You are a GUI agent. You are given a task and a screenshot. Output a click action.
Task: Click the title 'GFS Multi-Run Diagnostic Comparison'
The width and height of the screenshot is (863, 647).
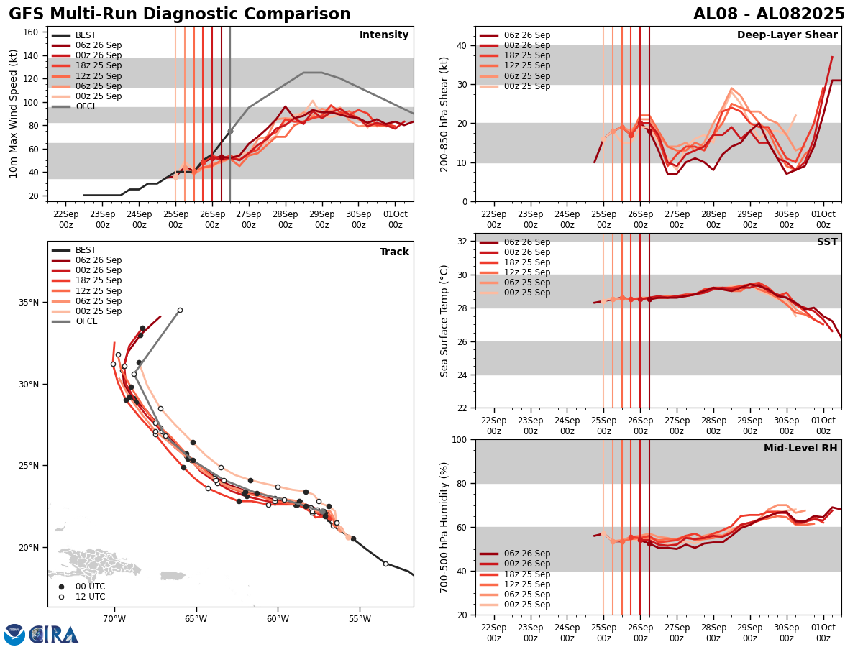pos(180,14)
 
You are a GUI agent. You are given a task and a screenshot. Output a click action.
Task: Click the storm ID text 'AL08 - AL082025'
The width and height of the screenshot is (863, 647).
pos(769,14)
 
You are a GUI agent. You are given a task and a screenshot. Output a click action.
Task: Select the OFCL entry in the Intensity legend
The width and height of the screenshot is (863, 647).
pos(86,106)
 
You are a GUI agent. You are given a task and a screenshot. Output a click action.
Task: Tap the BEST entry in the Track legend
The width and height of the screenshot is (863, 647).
pos(86,250)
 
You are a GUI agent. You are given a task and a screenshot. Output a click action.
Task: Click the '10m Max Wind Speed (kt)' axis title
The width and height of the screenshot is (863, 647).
pos(14,114)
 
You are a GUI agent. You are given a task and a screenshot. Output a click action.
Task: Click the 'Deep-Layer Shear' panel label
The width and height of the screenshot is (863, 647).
pos(787,35)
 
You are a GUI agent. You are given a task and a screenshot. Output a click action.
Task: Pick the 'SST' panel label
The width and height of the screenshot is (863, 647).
pos(827,242)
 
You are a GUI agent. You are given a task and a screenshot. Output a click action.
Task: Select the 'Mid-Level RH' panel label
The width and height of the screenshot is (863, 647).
pos(800,449)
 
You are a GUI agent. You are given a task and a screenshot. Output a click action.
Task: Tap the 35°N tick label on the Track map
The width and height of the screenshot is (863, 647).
pos(29,303)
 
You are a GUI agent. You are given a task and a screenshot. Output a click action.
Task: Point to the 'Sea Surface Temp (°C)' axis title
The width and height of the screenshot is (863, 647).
pos(444,321)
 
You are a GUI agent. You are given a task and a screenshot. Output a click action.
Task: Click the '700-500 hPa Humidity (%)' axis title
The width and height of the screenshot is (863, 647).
pos(444,527)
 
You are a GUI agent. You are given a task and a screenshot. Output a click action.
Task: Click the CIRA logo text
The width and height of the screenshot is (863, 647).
pos(54,635)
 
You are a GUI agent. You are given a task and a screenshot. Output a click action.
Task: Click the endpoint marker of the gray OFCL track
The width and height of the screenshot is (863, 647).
pos(180,311)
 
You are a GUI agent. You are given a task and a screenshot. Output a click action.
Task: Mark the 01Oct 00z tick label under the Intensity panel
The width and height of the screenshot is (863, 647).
pos(395,219)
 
